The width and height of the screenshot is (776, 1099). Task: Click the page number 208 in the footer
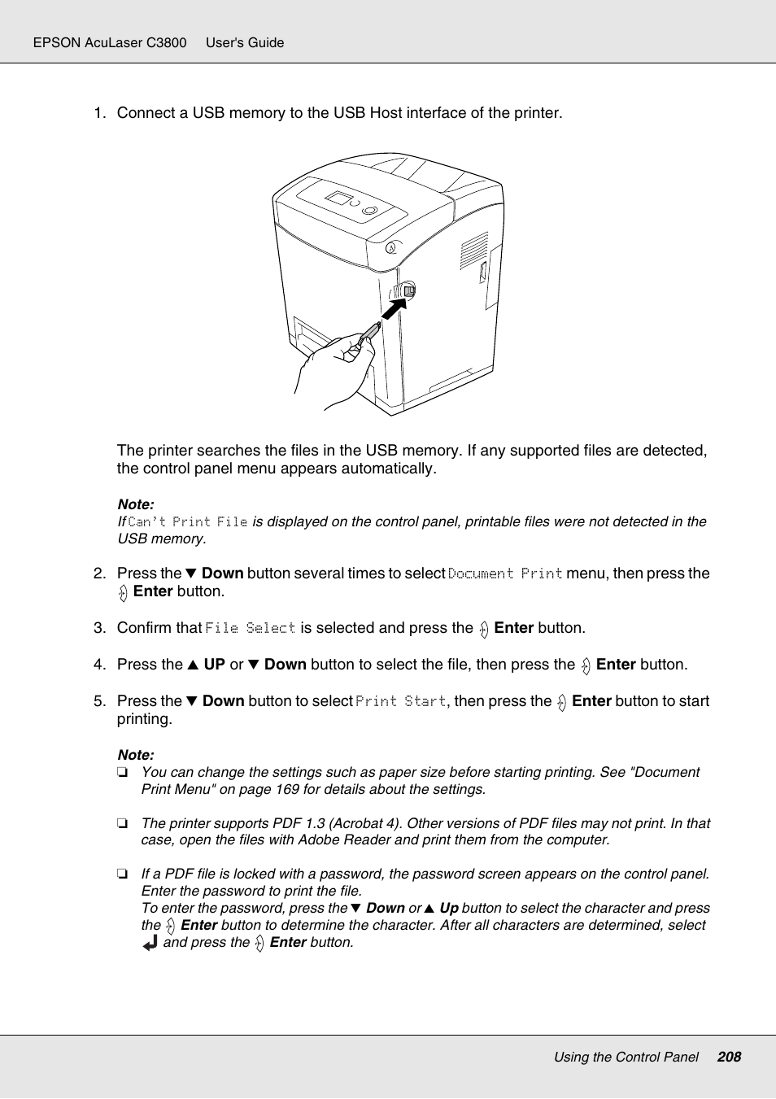(729, 1057)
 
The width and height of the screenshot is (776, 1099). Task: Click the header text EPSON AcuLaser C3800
(110, 42)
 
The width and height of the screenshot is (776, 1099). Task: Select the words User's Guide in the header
(245, 42)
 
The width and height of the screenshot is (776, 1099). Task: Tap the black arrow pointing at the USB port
(394, 308)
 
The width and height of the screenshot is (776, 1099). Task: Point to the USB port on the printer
(408, 290)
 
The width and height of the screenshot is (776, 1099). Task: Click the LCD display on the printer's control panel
(338, 198)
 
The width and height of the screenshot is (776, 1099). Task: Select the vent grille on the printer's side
(473, 250)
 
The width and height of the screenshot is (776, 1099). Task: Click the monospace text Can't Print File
(188, 521)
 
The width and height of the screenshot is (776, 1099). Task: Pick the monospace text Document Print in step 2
(505, 573)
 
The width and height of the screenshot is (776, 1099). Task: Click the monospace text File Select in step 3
(251, 628)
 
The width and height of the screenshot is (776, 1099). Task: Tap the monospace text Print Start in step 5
(401, 701)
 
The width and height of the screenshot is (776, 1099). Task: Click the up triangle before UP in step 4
(193, 665)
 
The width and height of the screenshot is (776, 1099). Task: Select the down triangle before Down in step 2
(191, 573)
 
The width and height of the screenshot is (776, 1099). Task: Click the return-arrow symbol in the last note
(150, 943)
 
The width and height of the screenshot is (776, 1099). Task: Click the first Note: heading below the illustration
(136, 504)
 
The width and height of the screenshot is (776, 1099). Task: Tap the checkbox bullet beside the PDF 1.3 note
(122, 823)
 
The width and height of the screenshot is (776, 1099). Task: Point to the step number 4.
(98, 665)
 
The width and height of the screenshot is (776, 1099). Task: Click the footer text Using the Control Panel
(626, 1057)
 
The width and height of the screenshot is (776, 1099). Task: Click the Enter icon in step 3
(484, 629)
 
